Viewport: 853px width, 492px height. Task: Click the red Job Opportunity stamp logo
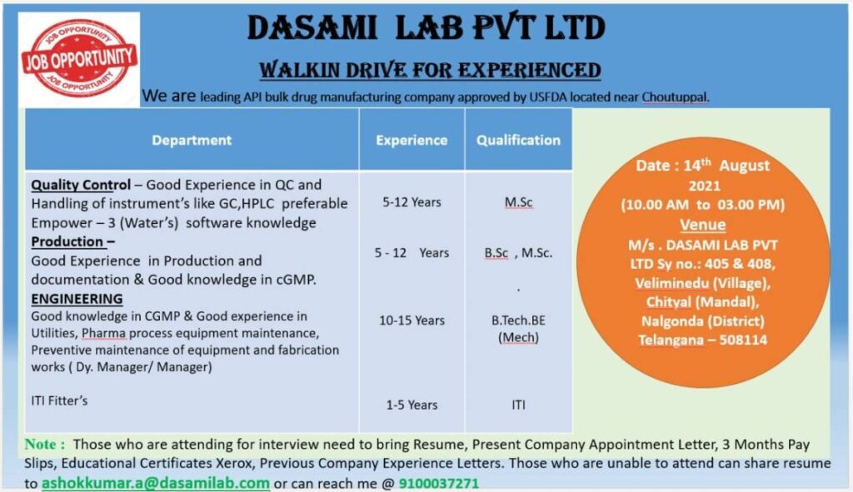pyautogui.click(x=79, y=57)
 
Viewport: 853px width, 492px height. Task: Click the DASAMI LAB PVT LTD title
pyautogui.click(x=426, y=27)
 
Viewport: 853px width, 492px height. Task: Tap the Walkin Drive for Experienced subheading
pyautogui.click(x=430, y=70)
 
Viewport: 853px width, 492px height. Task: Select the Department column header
pyautogui.click(x=192, y=140)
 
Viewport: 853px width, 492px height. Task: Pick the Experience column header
pyautogui.click(x=412, y=140)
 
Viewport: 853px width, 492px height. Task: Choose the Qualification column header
pyautogui.click(x=518, y=140)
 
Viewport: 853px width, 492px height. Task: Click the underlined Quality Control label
pyautogui.click(x=81, y=185)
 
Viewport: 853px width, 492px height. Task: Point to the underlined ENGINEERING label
pyautogui.click(x=77, y=299)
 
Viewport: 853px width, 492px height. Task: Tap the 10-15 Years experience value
pyautogui.click(x=412, y=321)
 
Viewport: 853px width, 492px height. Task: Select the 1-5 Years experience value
pyautogui.click(x=412, y=405)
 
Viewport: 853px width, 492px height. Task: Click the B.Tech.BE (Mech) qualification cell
pyautogui.click(x=518, y=329)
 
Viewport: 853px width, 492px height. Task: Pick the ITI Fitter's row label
pyautogui.click(x=59, y=400)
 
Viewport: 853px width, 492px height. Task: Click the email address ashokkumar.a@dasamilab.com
pyautogui.click(x=156, y=484)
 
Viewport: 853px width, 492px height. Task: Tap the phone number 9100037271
pyautogui.click(x=439, y=484)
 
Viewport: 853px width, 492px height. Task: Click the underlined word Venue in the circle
pyautogui.click(x=703, y=225)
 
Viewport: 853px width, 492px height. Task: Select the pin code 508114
pyautogui.click(x=743, y=340)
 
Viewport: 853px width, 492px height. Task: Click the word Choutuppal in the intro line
pyautogui.click(x=675, y=97)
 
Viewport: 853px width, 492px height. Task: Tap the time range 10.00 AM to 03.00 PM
pyautogui.click(x=703, y=205)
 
